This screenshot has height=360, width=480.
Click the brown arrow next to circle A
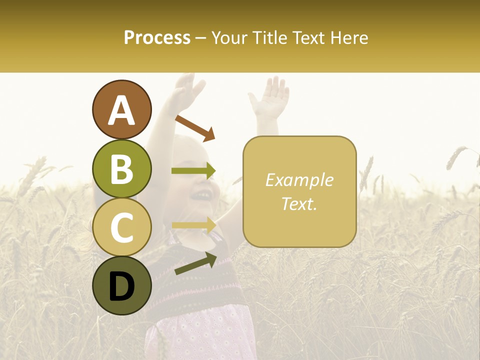point(195,128)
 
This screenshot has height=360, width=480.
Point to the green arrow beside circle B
point(193,171)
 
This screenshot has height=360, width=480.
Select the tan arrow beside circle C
point(193,225)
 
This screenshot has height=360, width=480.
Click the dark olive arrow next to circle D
point(195,263)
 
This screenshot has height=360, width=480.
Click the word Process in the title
point(157,37)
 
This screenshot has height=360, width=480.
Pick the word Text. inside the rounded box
point(299,203)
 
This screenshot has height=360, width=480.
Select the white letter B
point(122,169)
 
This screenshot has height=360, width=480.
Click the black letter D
point(122,286)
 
